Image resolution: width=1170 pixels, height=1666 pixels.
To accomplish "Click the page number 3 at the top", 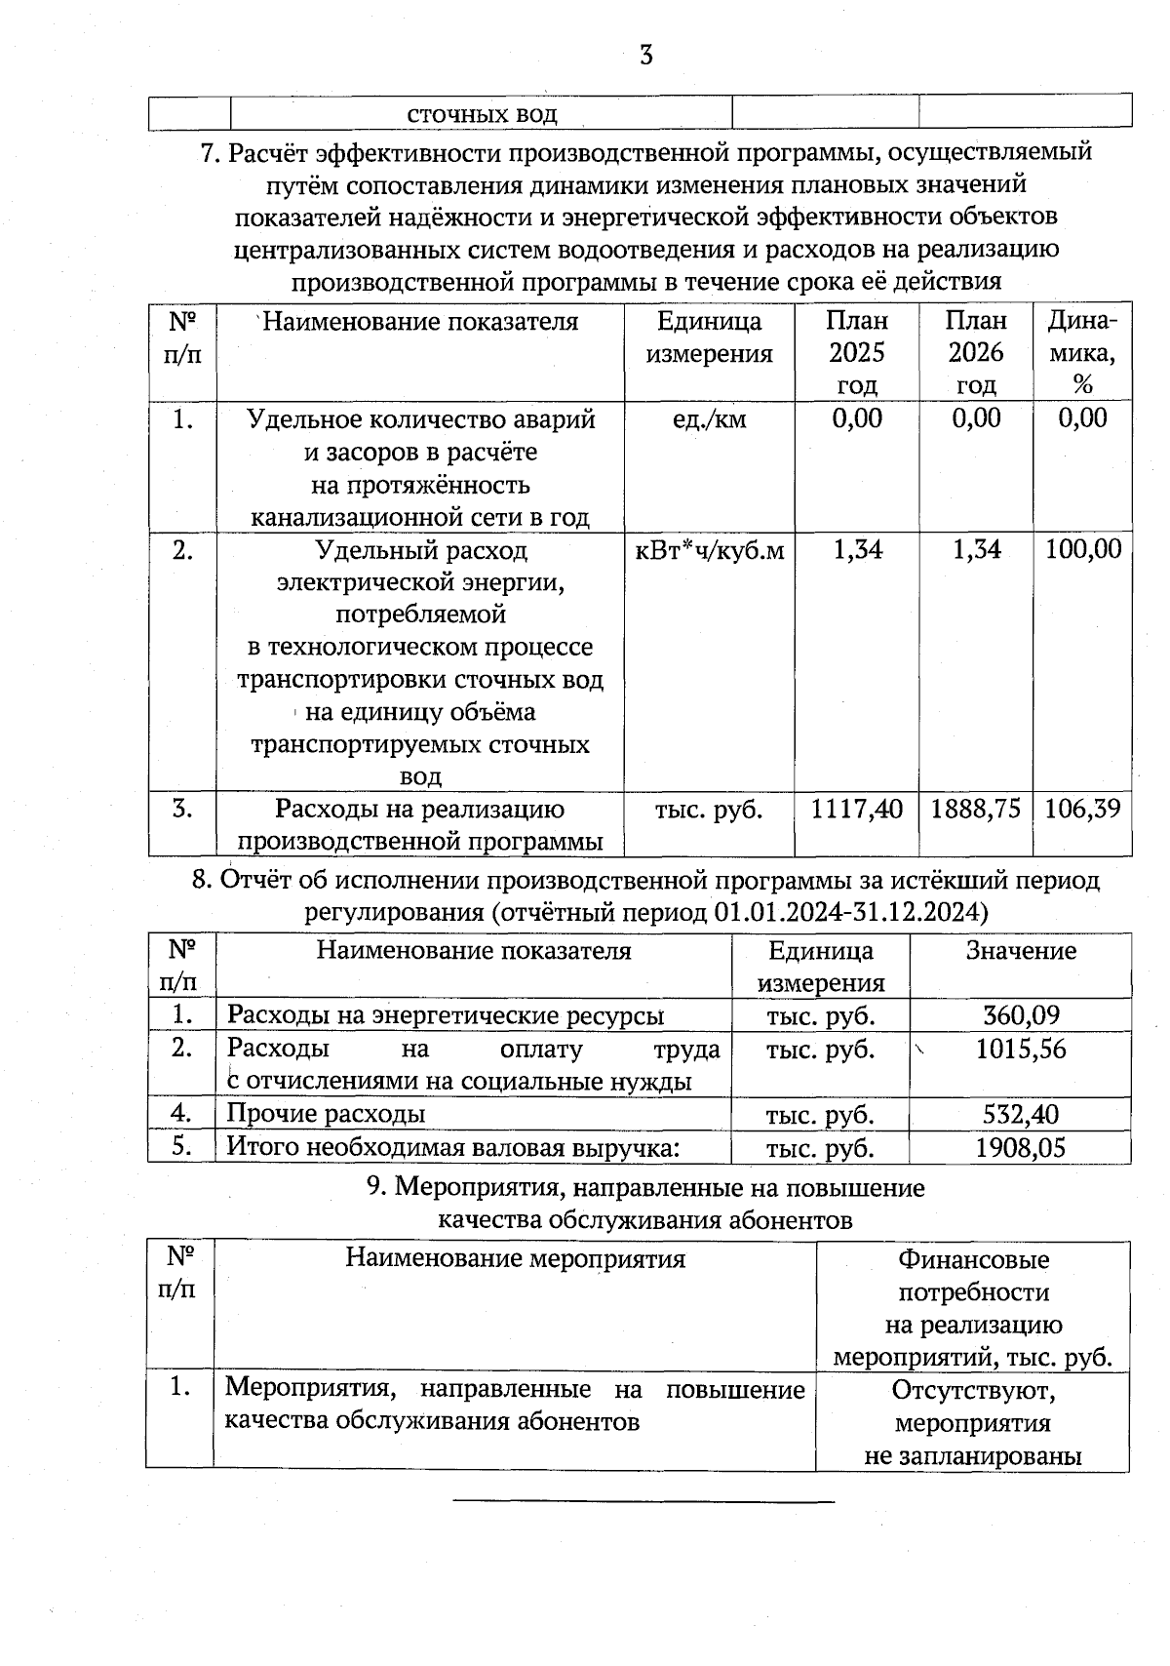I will point(645,56).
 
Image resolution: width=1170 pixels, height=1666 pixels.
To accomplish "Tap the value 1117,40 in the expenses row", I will point(857,809).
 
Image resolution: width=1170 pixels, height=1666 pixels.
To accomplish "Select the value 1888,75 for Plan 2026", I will point(976,809).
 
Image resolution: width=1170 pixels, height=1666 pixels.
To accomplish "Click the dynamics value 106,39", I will point(1082,809).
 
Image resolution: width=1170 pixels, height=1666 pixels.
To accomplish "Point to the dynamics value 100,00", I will point(1082,549).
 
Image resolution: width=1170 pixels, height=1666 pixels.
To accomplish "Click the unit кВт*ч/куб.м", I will point(710,550).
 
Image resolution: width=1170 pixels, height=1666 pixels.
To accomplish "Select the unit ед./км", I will point(710,419).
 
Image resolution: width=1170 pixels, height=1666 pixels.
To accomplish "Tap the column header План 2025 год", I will point(857,352).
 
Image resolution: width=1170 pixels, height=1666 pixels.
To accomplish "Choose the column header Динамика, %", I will point(1082,352).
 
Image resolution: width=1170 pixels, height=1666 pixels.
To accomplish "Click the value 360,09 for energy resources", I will point(1021,1015).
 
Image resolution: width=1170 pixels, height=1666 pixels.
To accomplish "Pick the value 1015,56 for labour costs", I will point(1021,1050).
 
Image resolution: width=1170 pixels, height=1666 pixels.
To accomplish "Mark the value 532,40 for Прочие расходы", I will point(1021,1114).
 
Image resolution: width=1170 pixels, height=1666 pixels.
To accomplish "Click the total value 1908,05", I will point(1021,1147).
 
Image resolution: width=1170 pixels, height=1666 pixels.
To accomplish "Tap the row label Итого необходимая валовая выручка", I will point(452,1147).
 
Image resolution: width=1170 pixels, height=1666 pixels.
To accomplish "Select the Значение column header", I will point(1021,951).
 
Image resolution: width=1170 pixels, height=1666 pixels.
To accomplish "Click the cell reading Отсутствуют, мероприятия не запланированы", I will point(972,1422).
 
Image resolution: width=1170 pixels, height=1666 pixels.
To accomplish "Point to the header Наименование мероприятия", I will point(515,1258).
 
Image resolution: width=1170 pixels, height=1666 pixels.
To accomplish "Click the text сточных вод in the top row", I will point(482,114).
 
